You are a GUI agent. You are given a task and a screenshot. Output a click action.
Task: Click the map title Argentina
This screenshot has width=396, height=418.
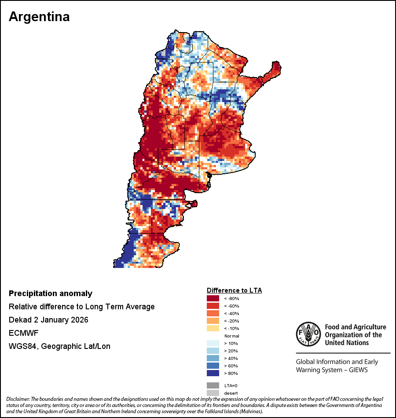[39, 17]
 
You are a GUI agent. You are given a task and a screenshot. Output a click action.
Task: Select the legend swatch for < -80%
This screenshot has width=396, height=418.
[213, 298]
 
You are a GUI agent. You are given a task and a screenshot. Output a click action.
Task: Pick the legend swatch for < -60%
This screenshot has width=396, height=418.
[213, 306]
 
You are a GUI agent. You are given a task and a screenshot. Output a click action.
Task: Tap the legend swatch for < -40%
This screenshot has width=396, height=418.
[213, 313]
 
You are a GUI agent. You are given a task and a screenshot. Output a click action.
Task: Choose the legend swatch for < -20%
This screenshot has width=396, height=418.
[213, 321]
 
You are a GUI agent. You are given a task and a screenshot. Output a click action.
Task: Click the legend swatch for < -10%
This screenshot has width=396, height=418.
[213, 328]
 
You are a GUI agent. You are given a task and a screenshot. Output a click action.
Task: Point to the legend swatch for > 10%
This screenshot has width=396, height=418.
[213, 343]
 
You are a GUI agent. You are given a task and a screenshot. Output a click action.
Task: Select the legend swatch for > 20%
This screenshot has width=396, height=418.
[213, 351]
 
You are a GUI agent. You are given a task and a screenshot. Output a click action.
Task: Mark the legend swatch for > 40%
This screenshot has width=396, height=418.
[213, 358]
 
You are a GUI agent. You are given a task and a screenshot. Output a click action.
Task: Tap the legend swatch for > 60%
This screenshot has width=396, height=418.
[213, 366]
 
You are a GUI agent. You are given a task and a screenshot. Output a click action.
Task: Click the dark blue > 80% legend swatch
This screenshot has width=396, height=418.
[213, 373]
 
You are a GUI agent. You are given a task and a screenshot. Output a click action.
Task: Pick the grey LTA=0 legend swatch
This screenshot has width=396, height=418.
[213, 385]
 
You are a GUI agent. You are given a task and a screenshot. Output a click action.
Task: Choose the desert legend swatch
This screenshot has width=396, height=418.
[213, 392]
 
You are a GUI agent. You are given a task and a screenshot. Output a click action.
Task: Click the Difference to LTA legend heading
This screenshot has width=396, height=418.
[234, 290]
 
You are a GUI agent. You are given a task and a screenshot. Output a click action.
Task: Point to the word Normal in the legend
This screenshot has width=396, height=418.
[231, 336]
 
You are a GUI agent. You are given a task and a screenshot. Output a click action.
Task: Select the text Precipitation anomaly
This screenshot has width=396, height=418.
[51, 293]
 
